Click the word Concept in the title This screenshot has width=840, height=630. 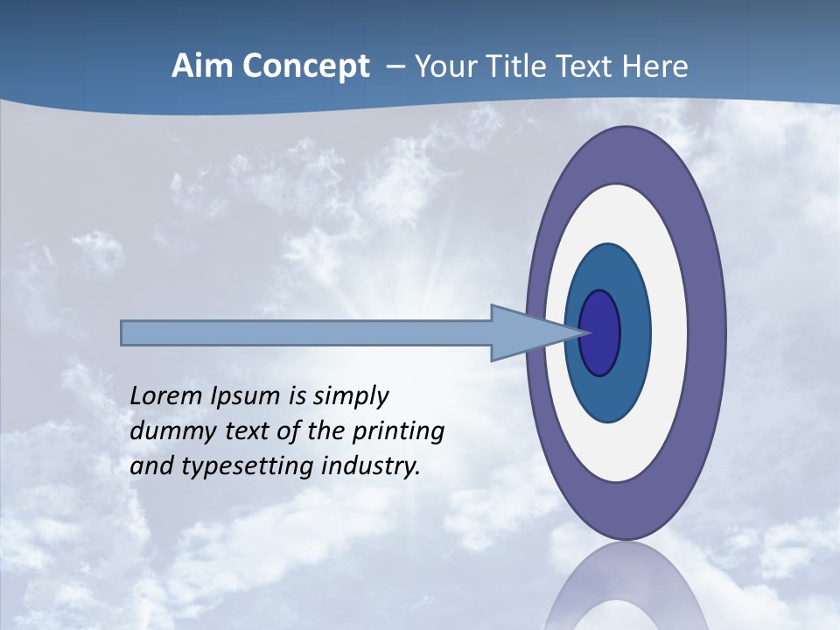306,66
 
